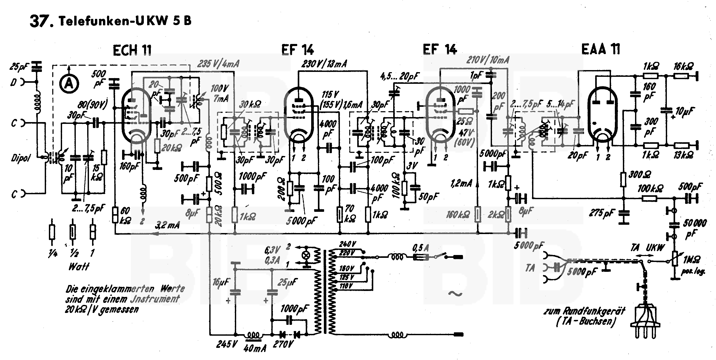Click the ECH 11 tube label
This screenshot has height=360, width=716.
point(132,51)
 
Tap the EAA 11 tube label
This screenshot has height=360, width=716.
point(600,49)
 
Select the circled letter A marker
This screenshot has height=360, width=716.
point(69,83)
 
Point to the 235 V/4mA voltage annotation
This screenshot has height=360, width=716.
point(218,64)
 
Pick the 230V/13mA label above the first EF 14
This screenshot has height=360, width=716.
point(324,64)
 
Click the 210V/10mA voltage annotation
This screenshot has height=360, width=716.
point(488,60)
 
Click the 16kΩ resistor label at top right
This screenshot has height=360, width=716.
point(683,66)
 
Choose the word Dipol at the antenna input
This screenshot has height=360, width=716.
point(21,158)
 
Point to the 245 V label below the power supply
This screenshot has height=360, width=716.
point(227,344)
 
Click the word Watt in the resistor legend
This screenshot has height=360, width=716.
point(79,267)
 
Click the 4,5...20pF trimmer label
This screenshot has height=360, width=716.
point(399,76)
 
